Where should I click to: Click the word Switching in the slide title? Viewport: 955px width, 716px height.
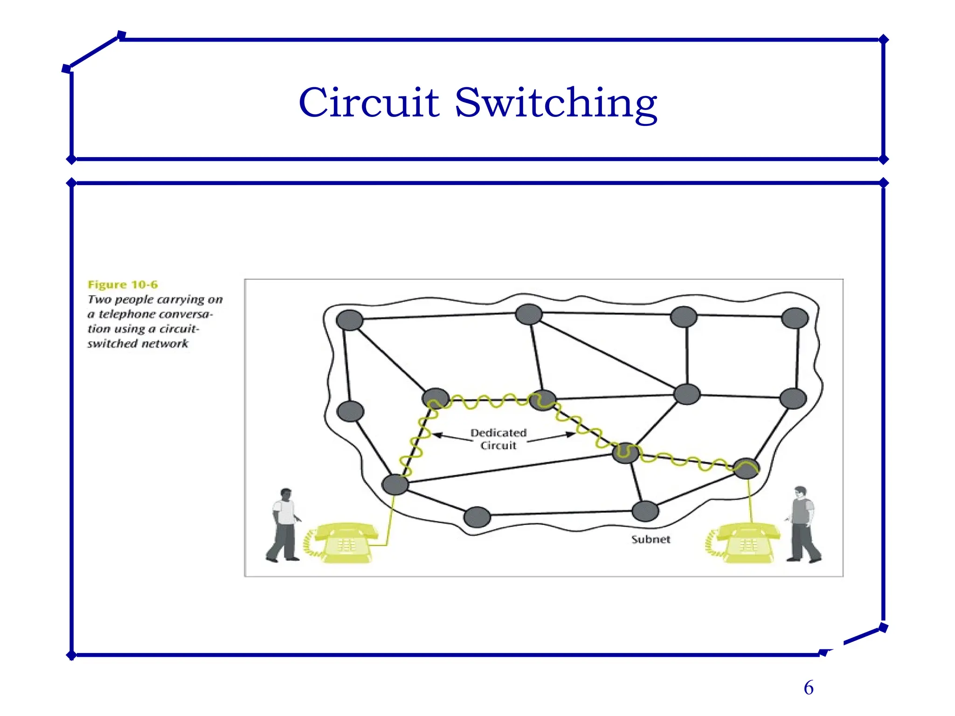tap(556, 103)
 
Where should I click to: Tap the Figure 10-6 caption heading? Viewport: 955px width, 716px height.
tap(123, 284)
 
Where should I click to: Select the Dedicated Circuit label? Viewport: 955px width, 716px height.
tap(498, 439)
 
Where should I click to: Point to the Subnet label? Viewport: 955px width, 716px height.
tap(651, 539)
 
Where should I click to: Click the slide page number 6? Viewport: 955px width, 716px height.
tap(809, 688)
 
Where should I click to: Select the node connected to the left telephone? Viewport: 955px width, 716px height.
tap(395, 484)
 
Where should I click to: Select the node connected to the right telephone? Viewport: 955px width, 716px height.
tap(746, 468)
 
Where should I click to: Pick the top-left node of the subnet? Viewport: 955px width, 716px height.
tap(350, 320)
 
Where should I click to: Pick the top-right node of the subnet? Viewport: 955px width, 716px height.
tap(795, 318)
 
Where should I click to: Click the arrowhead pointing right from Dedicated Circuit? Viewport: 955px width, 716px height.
tap(570, 434)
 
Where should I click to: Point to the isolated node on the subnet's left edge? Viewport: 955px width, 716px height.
tap(350, 411)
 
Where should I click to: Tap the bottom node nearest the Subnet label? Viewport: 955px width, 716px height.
tap(645, 511)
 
